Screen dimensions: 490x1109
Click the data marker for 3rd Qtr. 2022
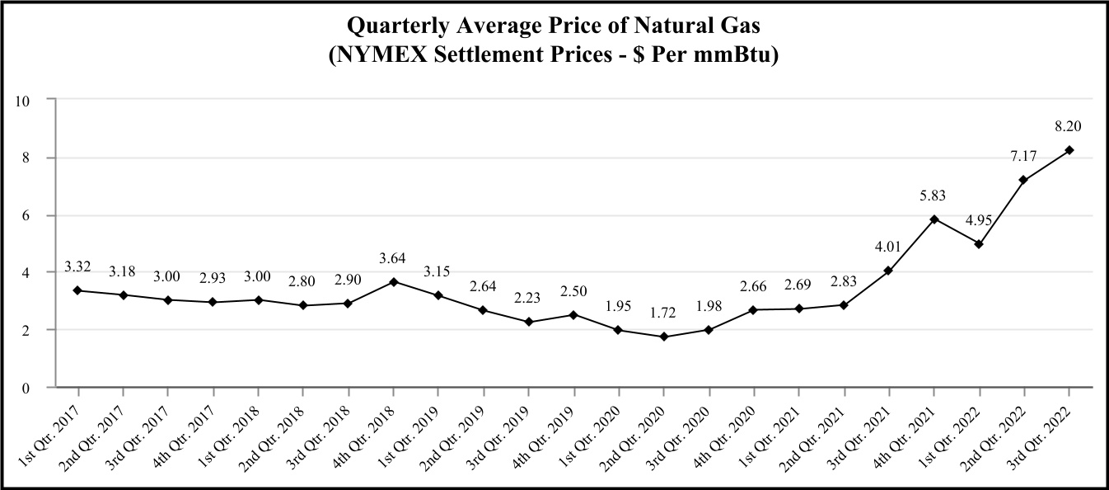1069,150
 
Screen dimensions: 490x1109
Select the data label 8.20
1068,126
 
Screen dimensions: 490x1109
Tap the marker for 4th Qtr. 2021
934,219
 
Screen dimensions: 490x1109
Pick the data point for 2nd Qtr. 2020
664,337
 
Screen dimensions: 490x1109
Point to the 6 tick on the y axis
26,215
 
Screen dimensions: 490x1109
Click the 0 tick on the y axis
26,387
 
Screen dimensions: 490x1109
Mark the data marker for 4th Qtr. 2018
394,282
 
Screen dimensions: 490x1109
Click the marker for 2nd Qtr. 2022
1023,180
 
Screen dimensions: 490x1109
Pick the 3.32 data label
78,267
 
